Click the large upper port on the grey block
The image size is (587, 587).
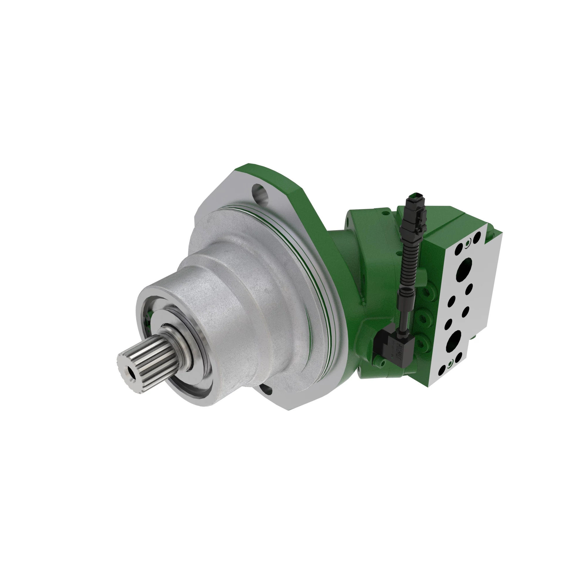pyautogui.click(x=465, y=270)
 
